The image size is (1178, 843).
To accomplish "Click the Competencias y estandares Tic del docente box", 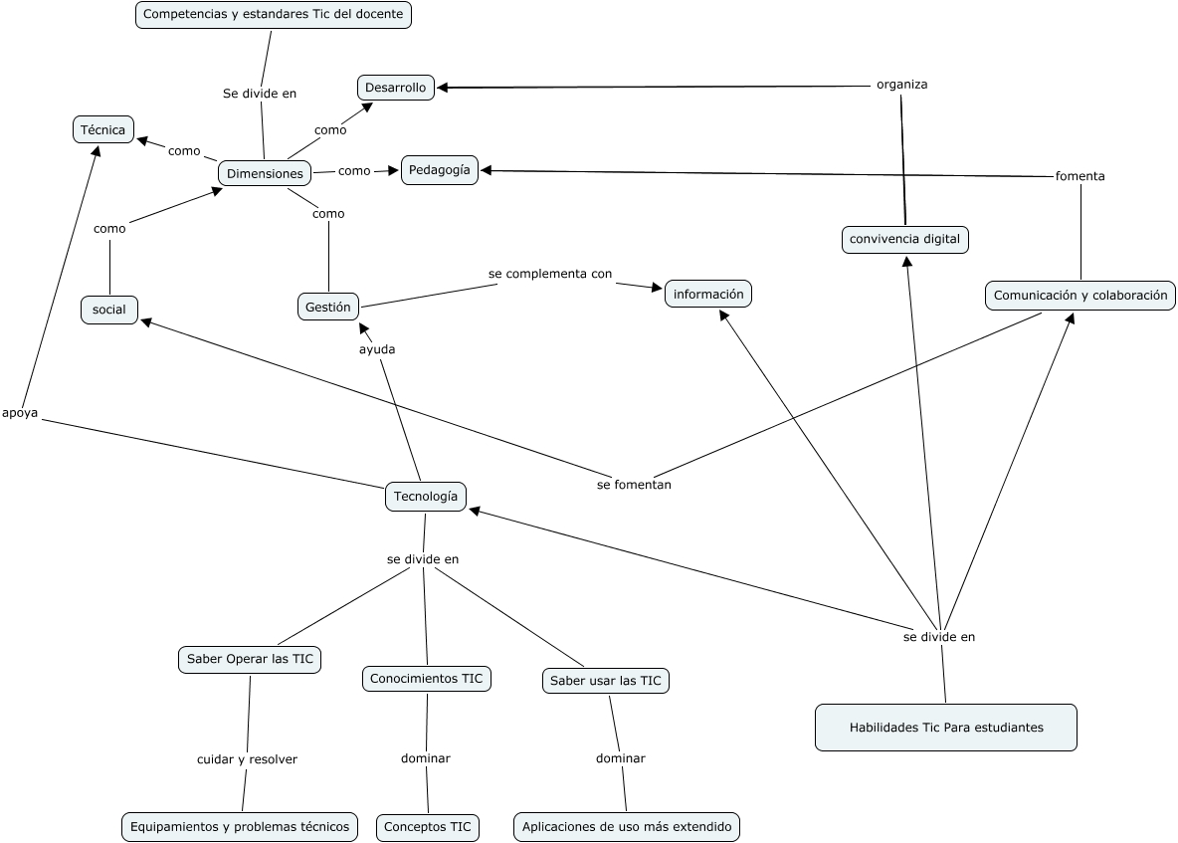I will pyautogui.click(x=273, y=15).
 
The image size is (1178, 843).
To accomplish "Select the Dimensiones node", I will pyautogui.click(x=265, y=173).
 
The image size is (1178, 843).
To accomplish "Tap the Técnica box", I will pyautogui.click(x=103, y=129).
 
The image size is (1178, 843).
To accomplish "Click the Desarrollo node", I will pyautogui.click(x=395, y=88).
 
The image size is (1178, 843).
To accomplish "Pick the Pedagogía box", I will pyautogui.click(x=440, y=169).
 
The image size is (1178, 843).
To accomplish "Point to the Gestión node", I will pyautogui.click(x=328, y=308).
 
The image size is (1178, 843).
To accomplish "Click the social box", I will pyautogui.click(x=109, y=310).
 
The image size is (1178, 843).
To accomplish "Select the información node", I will pyautogui.click(x=708, y=294).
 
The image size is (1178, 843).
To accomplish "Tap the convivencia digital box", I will pyautogui.click(x=904, y=239).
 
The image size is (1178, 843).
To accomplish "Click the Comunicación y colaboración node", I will pyautogui.click(x=1080, y=296).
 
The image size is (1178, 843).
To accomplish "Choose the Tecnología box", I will pyautogui.click(x=426, y=496).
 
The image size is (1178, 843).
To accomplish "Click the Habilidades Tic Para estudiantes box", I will pyautogui.click(x=945, y=728).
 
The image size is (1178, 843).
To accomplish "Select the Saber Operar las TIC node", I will pyautogui.click(x=250, y=659).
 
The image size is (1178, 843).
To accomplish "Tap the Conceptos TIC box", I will pyautogui.click(x=428, y=827).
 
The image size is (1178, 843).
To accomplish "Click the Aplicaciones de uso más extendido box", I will pyautogui.click(x=627, y=827).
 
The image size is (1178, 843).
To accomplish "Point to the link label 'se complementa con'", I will pyautogui.click(x=549, y=273).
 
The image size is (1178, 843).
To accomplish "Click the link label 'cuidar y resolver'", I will pyautogui.click(x=247, y=759).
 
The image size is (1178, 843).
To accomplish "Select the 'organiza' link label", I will pyautogui.click(x=901, y=85).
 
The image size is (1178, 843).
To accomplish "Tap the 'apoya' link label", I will pyautogui.click(x=20, y=413).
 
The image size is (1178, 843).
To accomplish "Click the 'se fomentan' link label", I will pyautogui.click(x=634, y=485).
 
